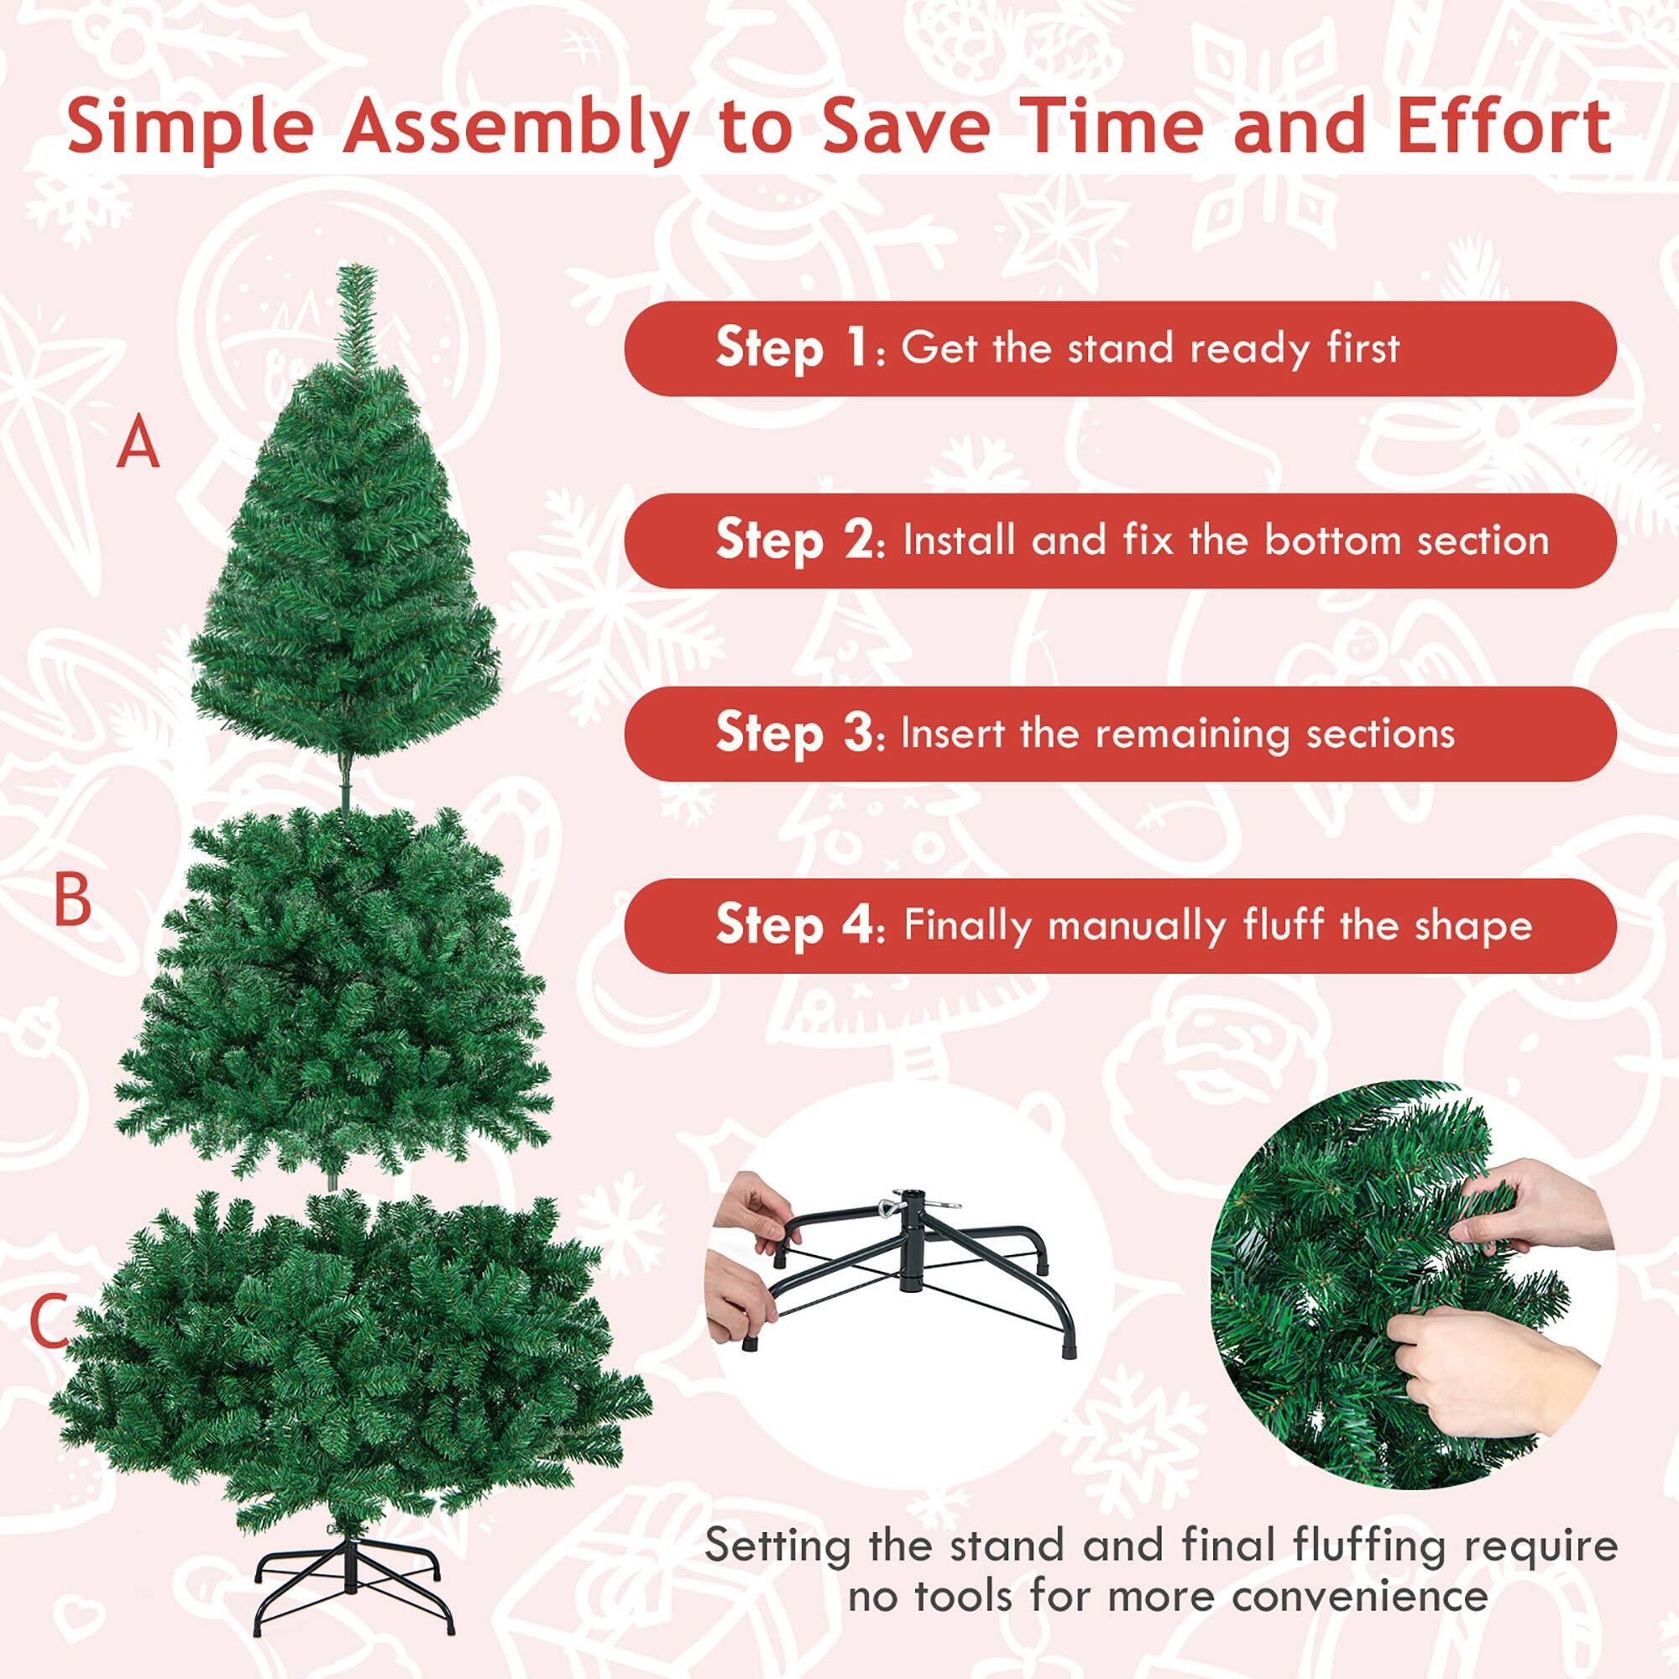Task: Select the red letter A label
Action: coord(139,443)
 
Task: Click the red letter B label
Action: coord(72,900)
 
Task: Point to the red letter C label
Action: coord(50,1321)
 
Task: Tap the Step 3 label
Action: coord(794,733)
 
